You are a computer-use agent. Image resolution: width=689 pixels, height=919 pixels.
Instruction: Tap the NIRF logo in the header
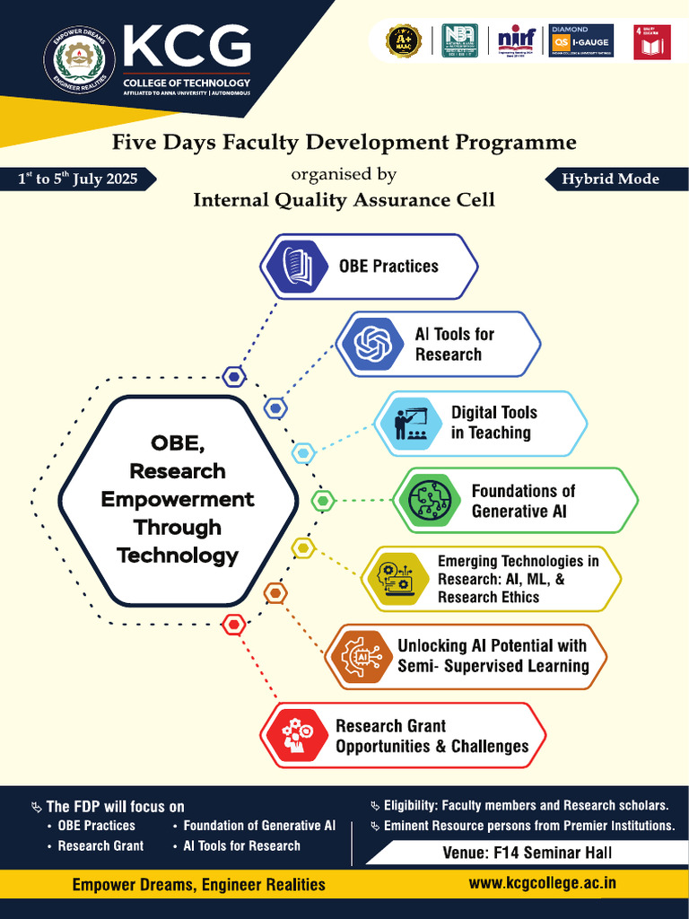pos(517,40)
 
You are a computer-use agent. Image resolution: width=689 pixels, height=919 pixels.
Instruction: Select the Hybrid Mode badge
pos(610,179)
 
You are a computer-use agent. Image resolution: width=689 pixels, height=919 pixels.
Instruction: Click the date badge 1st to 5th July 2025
pos(79,179)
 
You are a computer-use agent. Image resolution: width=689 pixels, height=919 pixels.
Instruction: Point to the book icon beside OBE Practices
pos(297,266)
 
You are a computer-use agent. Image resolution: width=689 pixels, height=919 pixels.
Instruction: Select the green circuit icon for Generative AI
pos(430,501)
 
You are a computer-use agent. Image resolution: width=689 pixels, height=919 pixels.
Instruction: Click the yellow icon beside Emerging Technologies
pos(396,579)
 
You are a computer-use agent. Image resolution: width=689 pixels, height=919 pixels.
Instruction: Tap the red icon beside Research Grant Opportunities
pos(297,735)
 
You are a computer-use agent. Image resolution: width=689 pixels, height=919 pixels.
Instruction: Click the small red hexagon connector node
pos(234,624)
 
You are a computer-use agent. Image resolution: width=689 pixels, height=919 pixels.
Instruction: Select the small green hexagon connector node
pos(323,500)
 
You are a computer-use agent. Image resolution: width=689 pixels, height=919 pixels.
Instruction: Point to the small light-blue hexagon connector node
pos(303,453)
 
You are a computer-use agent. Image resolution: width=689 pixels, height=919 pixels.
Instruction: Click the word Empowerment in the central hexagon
pos(178,499)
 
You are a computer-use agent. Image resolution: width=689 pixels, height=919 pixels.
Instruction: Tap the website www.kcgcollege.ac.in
pos(543,883)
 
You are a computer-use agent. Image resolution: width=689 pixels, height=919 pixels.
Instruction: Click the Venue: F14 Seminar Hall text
pos(528,853)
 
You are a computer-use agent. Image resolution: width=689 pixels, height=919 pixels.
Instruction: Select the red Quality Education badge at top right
pos(651,41)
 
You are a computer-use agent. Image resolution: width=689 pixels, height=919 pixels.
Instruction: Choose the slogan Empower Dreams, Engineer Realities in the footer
pos(199,885)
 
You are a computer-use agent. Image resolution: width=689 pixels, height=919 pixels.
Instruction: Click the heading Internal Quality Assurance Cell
pos(344,200)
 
